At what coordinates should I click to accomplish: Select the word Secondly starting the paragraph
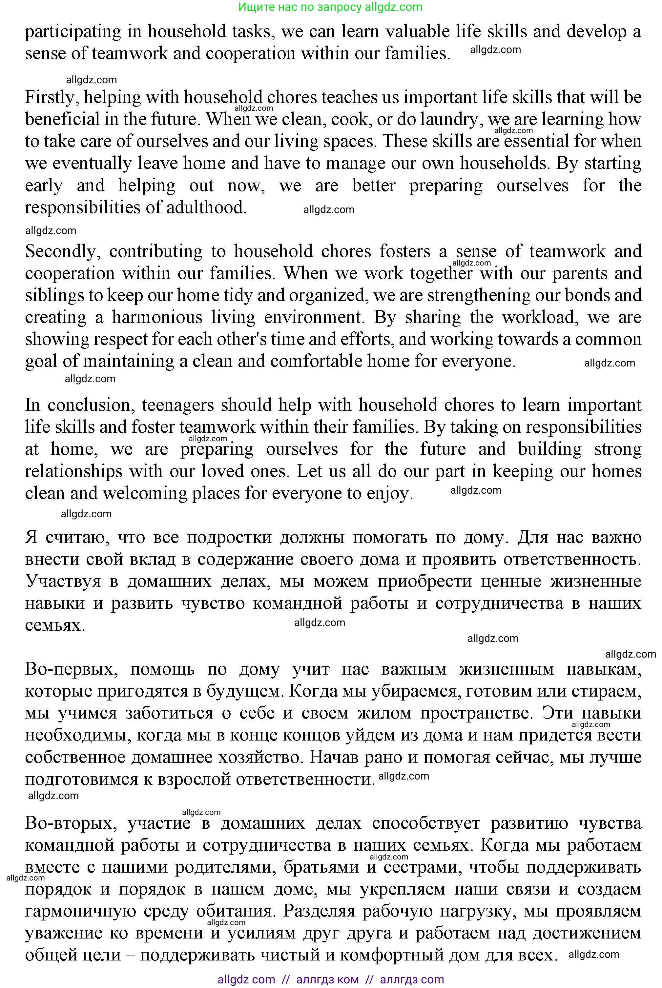tap(62, 252)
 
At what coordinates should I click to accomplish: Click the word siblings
tap(53, 296)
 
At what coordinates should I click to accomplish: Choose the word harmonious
tap(157, 318)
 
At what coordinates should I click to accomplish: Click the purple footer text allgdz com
tap(246, 979)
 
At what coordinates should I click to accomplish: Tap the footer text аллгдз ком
tap(328, 979)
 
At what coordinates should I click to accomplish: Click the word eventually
tap(93, 164)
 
